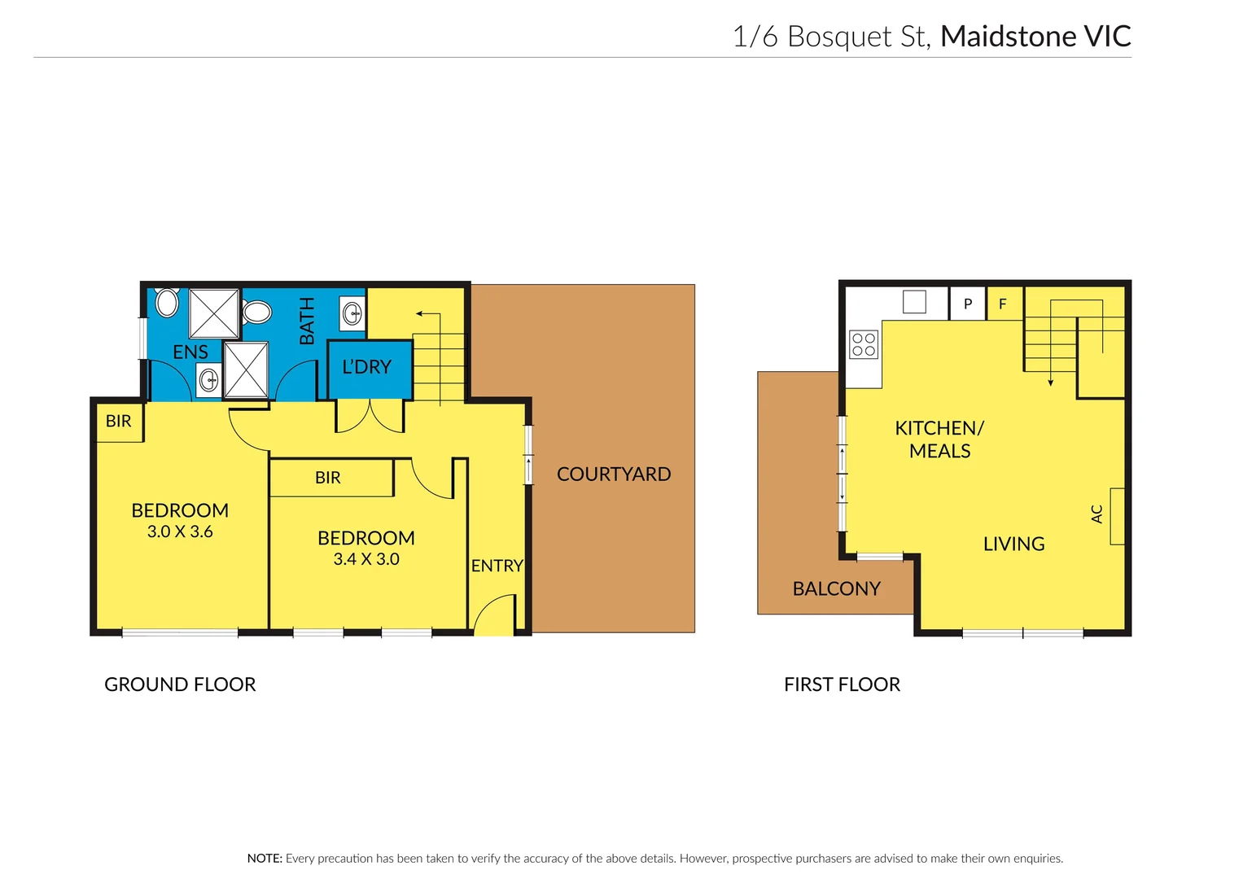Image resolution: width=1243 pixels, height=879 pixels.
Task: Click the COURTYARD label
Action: click(613, 474)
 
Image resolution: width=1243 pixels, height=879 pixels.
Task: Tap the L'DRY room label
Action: click(366, 367)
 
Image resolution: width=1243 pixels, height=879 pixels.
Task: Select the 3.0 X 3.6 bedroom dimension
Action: click(180, 531)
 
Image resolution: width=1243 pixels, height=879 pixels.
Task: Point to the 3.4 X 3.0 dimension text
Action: click(366, 559)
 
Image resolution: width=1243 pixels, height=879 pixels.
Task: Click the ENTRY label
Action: click(497, 566)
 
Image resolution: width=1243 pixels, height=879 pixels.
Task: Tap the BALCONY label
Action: click(836, 588)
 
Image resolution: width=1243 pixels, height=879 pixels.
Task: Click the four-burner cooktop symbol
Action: click(864, 344)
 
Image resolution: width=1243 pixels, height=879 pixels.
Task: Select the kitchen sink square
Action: click(914, 302)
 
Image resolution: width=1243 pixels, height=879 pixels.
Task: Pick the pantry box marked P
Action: click(967, 304)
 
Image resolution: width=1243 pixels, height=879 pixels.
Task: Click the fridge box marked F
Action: click(1003, 304)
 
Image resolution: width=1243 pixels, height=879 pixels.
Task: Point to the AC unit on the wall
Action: click(1117, 516)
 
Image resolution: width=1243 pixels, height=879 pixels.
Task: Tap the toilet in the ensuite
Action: click(167, 303)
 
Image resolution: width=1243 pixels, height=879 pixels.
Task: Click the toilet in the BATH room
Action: click(257, 312)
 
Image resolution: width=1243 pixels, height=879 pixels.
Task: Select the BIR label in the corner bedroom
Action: click(118, 421)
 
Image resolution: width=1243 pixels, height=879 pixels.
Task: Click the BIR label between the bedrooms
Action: click(327, 478)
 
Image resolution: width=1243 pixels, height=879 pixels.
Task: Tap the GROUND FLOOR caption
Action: click(180, 684)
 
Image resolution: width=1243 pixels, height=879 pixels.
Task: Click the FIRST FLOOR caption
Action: click(842, 684)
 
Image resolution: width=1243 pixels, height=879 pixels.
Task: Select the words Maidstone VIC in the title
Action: click(1035, 37)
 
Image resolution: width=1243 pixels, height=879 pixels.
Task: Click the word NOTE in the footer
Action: click(265, 858)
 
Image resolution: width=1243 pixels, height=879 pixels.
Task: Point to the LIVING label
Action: click(1013, 544)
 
